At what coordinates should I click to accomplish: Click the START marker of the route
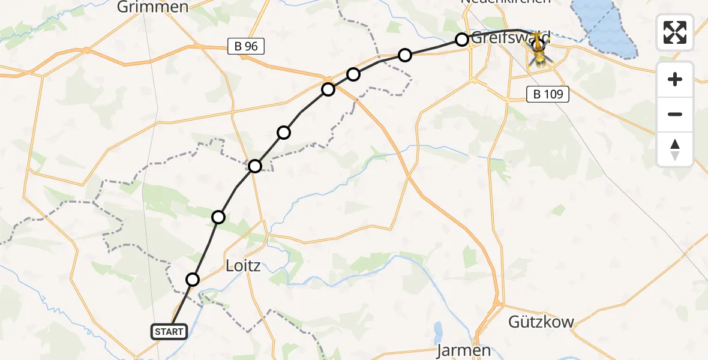click(170, 331)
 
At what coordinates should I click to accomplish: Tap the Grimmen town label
click(153, 7)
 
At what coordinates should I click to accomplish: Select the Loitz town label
click(242, 265)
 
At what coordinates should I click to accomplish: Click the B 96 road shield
click(247, 46)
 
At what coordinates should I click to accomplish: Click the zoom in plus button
click(675, 79)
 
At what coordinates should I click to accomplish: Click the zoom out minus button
click(675, 114)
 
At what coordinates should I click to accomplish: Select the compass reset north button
click(675, 149)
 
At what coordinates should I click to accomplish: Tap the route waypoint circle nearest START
click(193, 279)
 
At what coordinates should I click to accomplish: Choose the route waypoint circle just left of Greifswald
click(462, 40)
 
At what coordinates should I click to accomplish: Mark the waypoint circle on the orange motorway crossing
click(328, 89)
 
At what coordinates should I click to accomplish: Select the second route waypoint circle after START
click(219, 217)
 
